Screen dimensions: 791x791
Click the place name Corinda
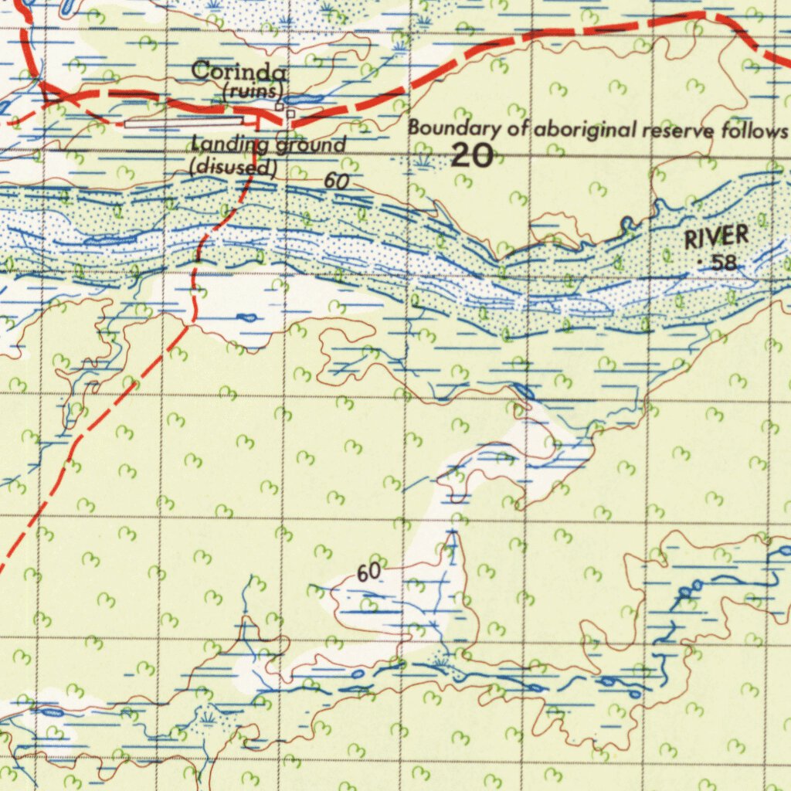point(239,72)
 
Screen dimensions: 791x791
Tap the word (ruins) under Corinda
point(253,91)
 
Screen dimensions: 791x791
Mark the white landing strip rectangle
point(184,122)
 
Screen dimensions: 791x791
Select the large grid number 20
point(471,156)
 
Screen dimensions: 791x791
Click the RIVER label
point(716,236)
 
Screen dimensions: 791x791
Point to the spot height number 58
point(725,263)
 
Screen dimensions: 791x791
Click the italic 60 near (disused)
point(336,182)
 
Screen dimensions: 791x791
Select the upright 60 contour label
point(369,572)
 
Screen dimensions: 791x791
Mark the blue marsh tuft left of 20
point(421,161)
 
